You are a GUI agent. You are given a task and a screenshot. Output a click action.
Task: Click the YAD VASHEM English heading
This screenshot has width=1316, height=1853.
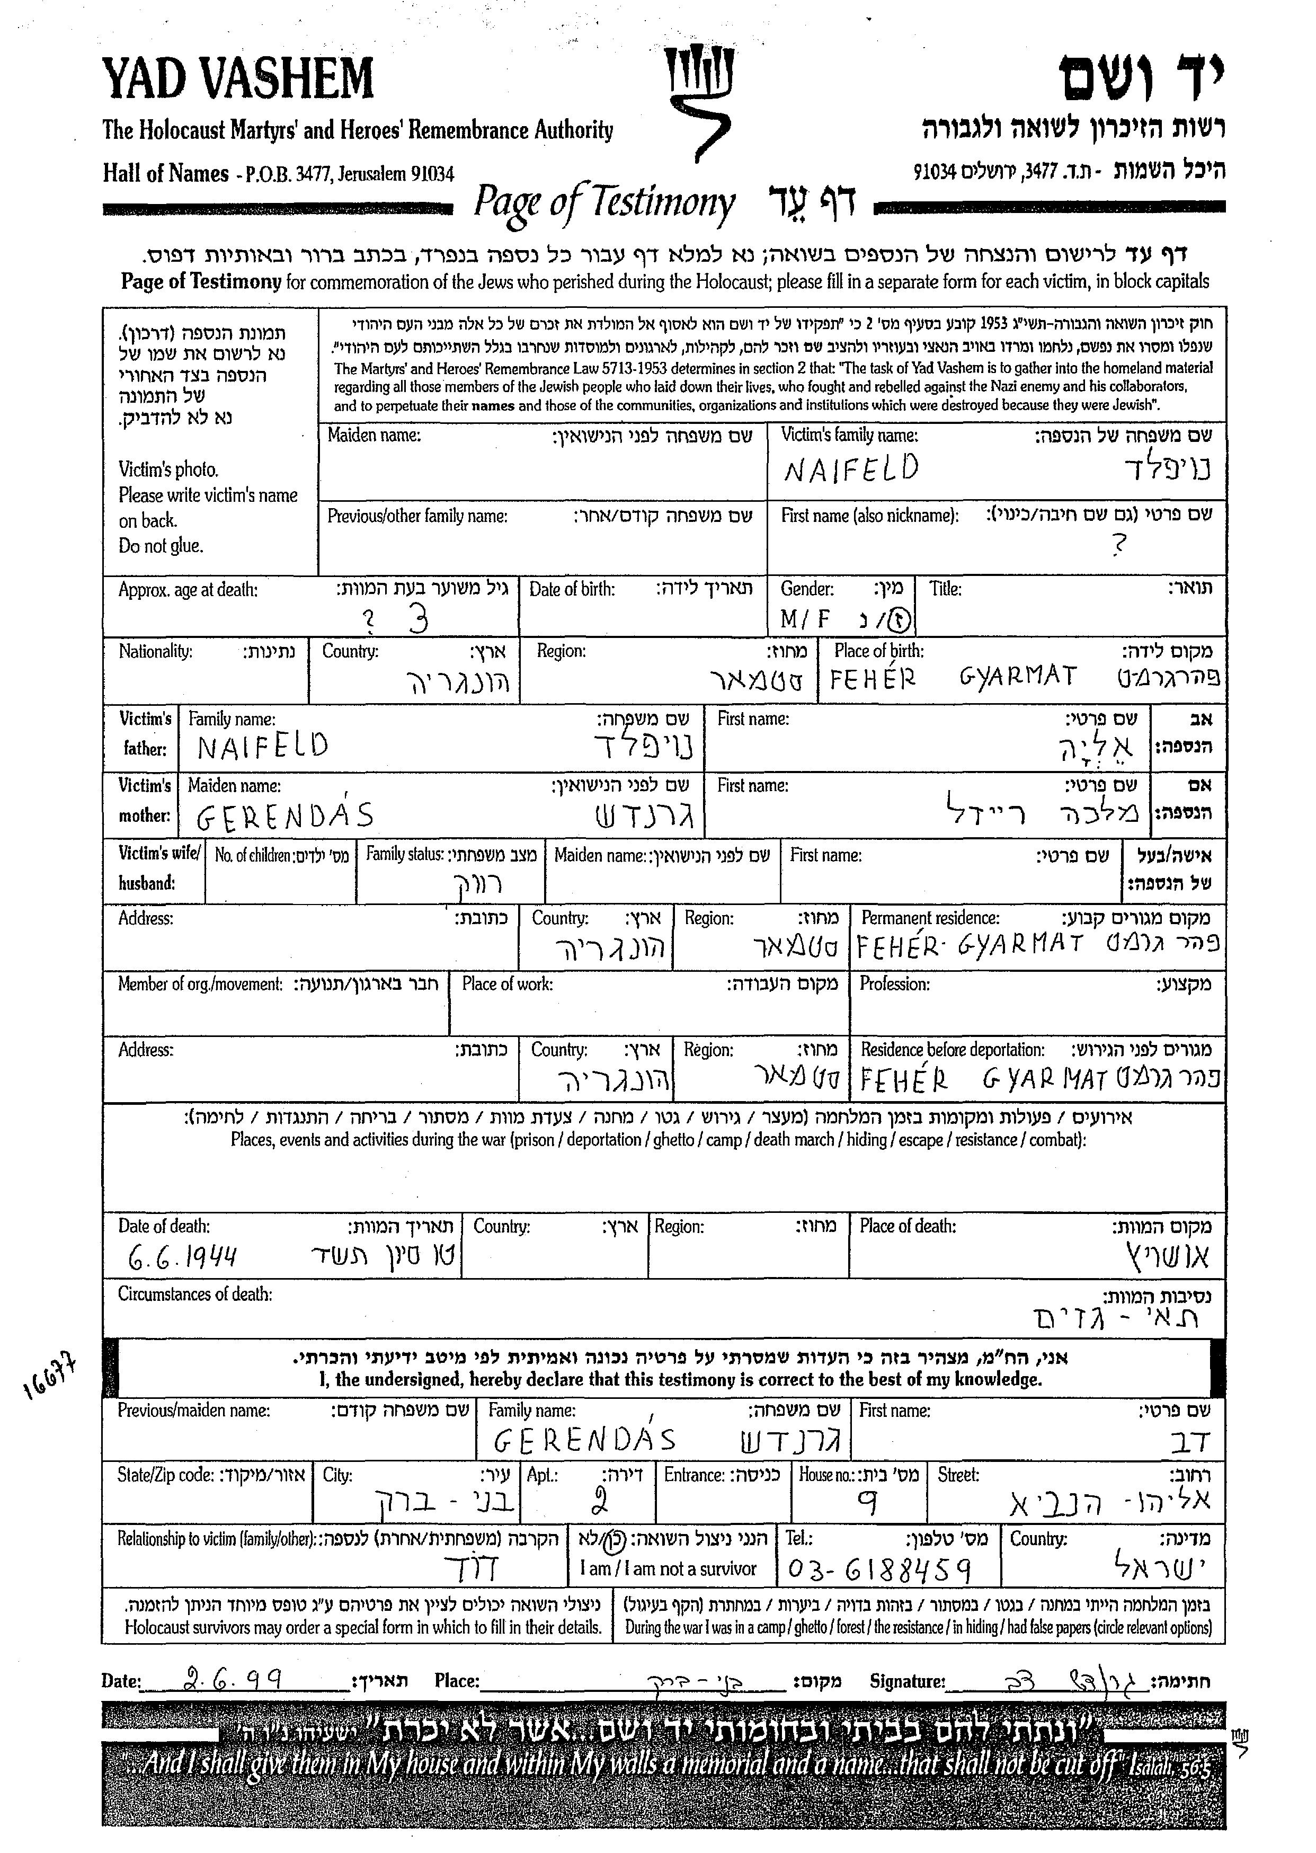pos(237,79)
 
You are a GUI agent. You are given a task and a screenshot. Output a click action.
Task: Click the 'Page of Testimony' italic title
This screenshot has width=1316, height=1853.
pos(604,202)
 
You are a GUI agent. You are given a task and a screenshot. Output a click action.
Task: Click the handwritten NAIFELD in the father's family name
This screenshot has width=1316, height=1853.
pos(263,746)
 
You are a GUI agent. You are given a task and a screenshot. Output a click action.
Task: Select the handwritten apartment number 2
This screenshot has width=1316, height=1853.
pos(600,1502)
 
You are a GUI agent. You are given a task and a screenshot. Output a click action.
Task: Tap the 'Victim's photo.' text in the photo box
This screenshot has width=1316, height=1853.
pos(168,469)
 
